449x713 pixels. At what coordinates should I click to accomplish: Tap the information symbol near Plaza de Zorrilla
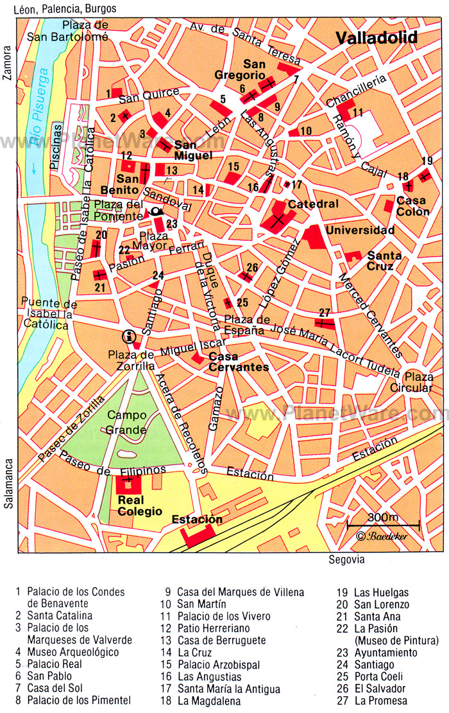(130, 335)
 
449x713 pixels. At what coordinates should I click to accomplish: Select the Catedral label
(313, 204)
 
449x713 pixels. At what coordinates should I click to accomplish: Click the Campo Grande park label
(126, 422)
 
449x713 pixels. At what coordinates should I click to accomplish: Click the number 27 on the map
(325, 312)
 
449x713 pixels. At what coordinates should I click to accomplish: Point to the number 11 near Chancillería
(357, 113)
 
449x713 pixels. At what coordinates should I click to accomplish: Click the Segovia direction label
(346, 559)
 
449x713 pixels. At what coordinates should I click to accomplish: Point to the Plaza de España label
(244, 325)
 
